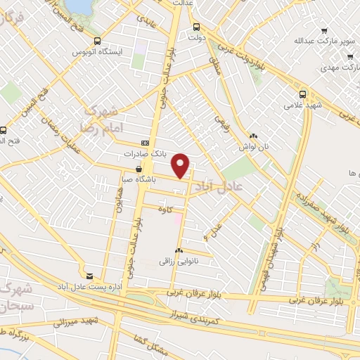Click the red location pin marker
[x=182, y=165]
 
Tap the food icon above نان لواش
[x=253, y=136]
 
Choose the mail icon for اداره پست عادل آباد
[x=89, y=275]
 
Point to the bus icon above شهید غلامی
[x=302, y=94]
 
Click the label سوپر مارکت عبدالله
[x=299, y=40]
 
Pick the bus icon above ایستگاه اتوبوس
[x=97, y=41]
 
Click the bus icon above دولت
[x=197, y=27]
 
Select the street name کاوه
[x=166, y=208]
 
